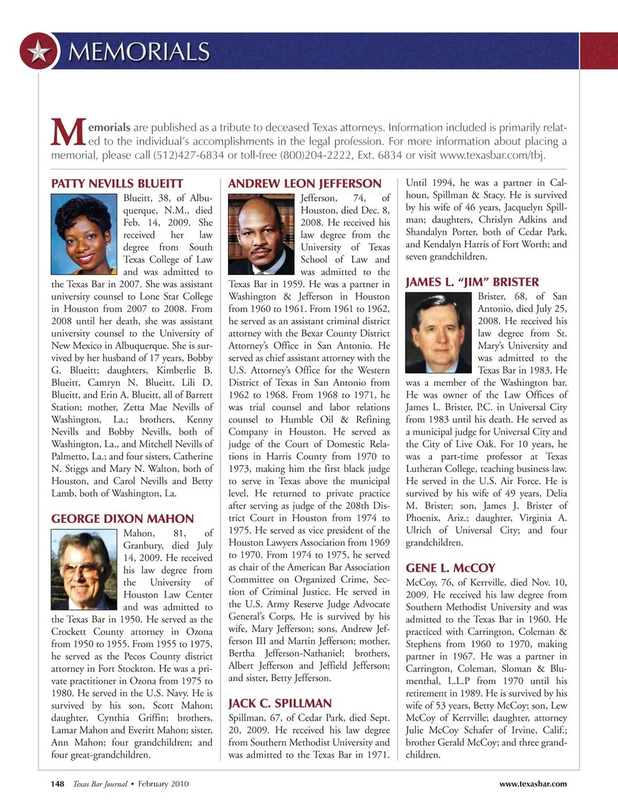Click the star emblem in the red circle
tap(39, 51)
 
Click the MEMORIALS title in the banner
tap(139, 52)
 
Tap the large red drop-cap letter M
tap(68, 133)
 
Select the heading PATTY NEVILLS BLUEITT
tap(117, 184)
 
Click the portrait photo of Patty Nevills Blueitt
tap(85, 234)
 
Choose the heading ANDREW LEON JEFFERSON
tap(304, 184)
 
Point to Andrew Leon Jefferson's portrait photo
tap(262, 234)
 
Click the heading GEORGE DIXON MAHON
tap(122, 518)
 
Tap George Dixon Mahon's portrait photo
tap(85, 570)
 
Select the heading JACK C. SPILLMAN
tap(280, 703)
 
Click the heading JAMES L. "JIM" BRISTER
tap(472, 282)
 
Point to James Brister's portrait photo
tap(439, 333)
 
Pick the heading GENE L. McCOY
tap(451, 568)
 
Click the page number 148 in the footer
tap(57, 784)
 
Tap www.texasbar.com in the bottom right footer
tap(533, 784)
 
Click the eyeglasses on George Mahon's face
tap(81, 567)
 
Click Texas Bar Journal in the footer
tap(100, 784)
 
